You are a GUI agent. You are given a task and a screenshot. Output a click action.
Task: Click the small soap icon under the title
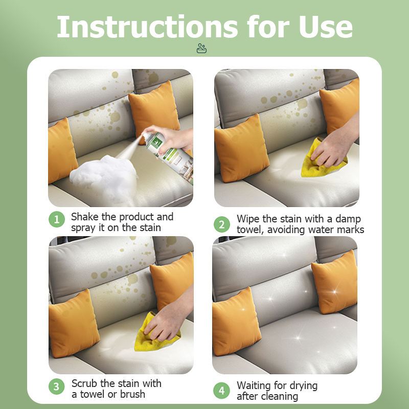(x=201, y=49)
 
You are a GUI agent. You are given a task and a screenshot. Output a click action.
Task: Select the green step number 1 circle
(x=57, y=219)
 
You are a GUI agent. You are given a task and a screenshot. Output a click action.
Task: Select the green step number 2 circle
(x=222, y=224)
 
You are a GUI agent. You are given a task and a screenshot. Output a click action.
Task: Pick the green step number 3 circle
(x=57, y=386)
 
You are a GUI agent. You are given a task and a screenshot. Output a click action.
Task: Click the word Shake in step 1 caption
(x=85, y=217)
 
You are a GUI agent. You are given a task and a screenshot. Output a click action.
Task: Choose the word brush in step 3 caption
(x=132, y=394)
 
